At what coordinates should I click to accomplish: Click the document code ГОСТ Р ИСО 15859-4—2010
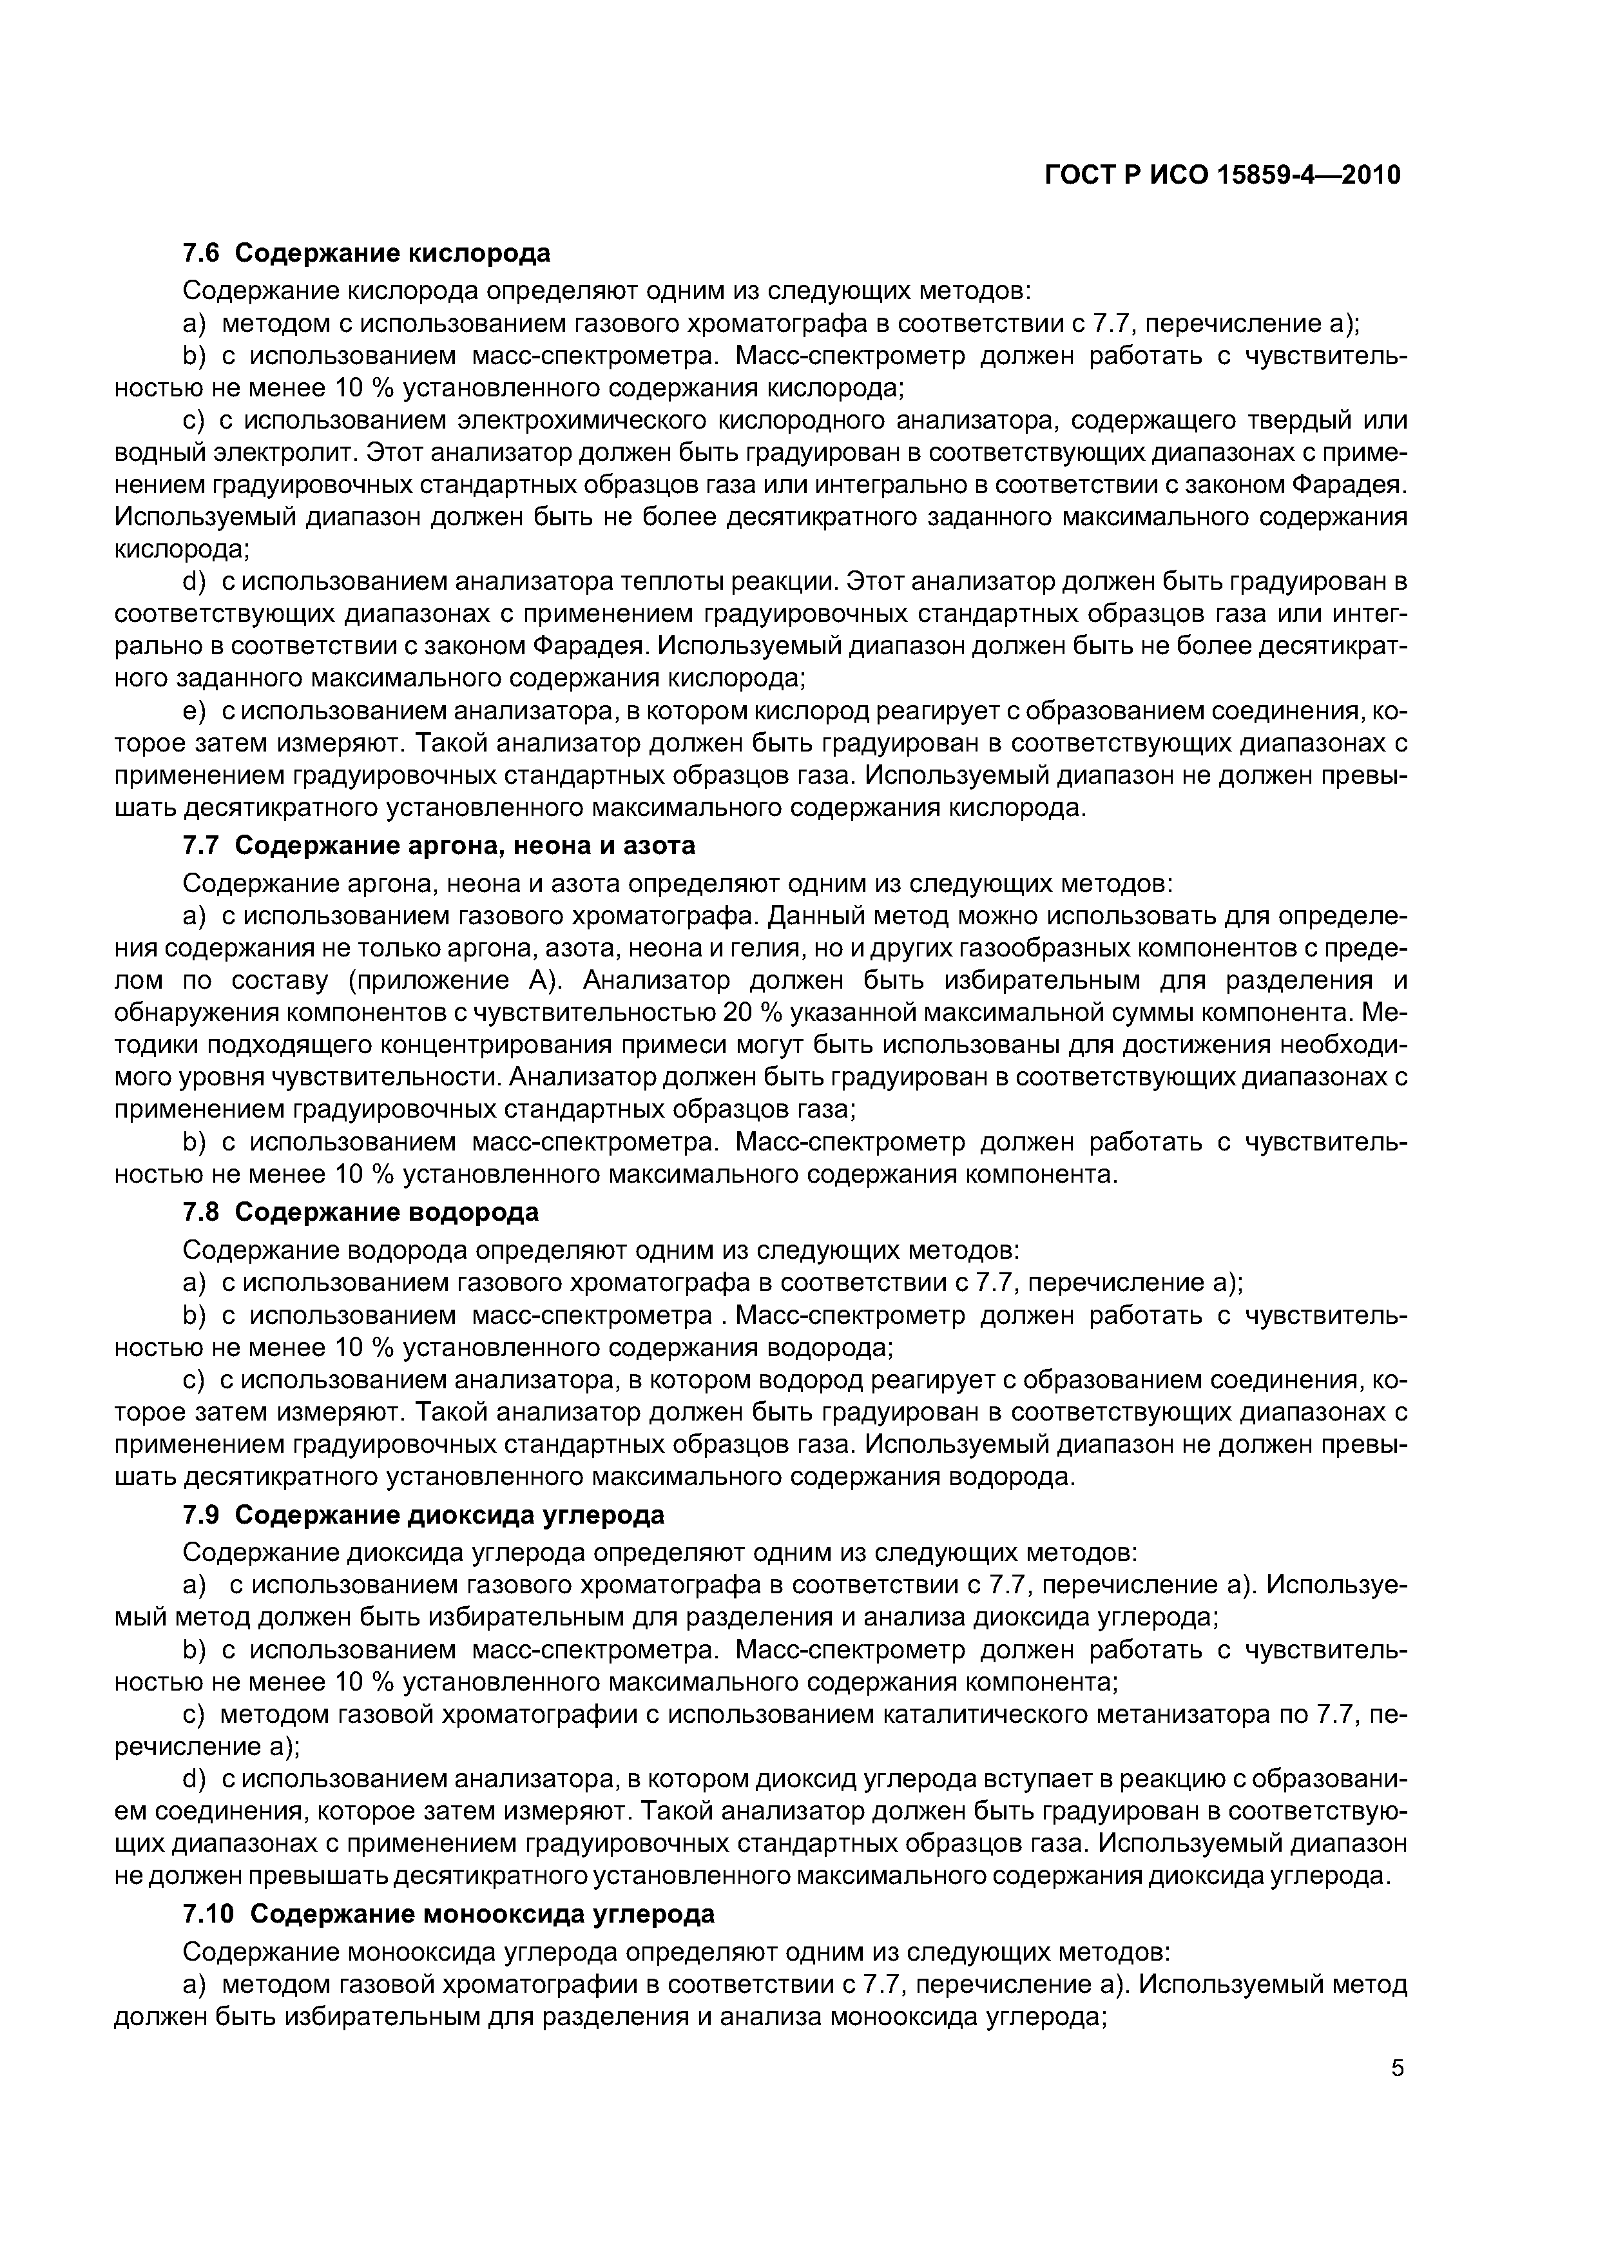coord(1222,175)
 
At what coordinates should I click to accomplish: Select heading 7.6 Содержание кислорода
coord(367,253)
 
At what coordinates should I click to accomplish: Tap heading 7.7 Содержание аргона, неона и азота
coord(439,845)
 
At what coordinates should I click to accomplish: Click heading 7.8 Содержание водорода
coord(361,1211)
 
